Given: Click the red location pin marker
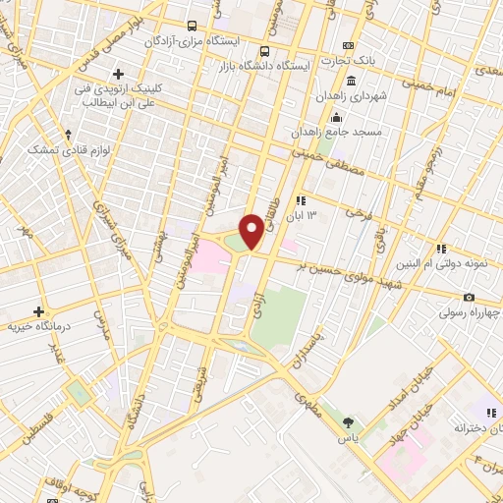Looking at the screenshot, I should (x=251, y=232).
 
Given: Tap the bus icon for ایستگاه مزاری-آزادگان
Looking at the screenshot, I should (x=191, y=27).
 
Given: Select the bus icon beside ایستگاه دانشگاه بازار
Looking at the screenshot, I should (x=263, y=51).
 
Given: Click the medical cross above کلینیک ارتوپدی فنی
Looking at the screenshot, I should (x=118, y=74).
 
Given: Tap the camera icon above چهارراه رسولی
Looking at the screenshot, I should (x=469, y=298).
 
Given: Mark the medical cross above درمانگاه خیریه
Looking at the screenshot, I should (x=38, y=310).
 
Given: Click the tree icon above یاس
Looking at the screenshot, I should (x=348, y=421).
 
